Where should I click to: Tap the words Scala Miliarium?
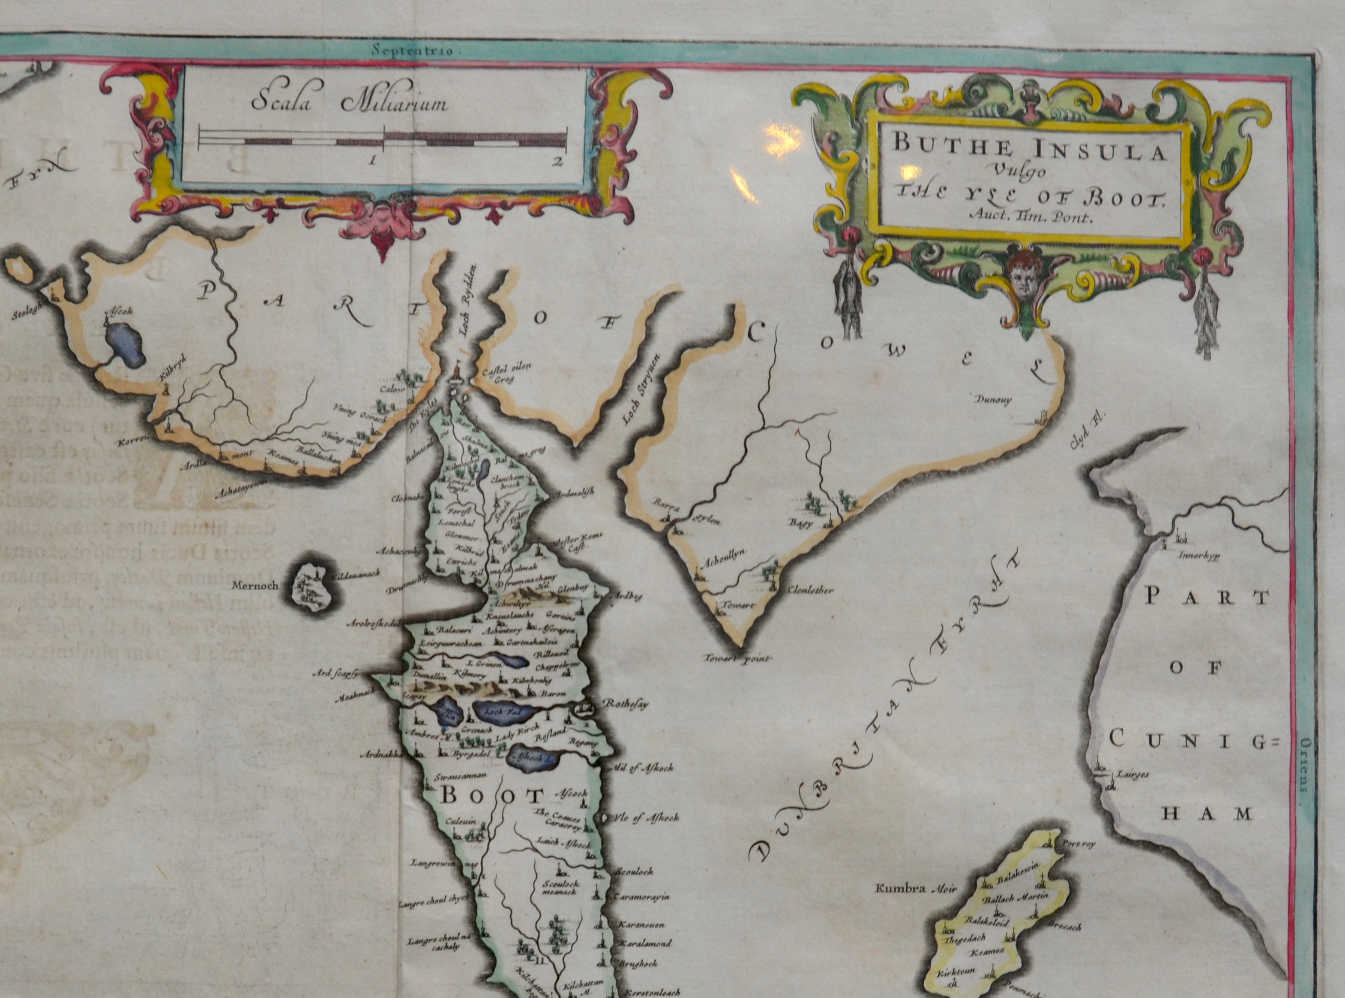click(x=349, y=103)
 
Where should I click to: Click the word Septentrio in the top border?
click(x=416, y=51)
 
